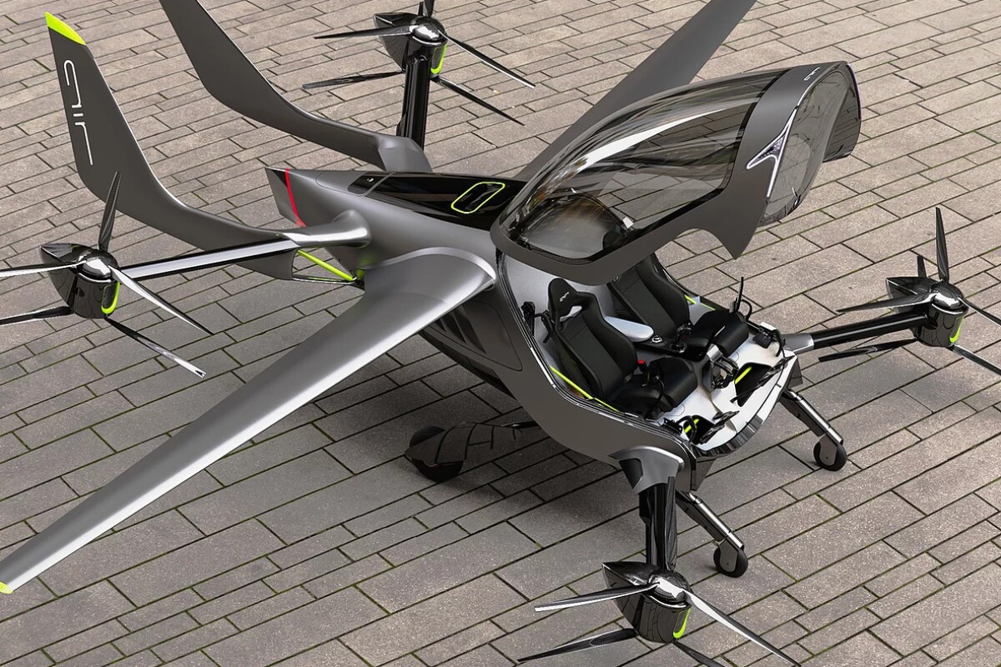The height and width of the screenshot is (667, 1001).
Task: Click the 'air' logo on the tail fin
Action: [x=78, y=112]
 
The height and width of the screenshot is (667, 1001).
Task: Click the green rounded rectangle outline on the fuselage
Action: [x=478, y=196]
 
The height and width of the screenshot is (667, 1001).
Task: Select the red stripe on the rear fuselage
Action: [x=293, y=197]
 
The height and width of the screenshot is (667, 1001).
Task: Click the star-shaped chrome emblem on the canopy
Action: [x=774, y=152]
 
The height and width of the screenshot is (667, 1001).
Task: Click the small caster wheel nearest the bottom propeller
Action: [x=730, y=560]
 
